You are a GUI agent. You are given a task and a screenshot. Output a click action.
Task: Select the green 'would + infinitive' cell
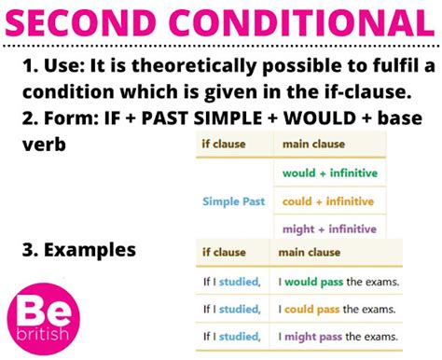tap(327, 173)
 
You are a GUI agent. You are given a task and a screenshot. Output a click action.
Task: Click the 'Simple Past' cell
tap(233, 201)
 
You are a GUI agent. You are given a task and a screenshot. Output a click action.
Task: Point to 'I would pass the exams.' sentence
tap(338, 282)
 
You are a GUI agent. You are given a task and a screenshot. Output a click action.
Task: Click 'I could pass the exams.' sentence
tap(338, 309)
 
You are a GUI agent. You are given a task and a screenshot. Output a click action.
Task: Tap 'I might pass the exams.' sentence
tap(338, 336)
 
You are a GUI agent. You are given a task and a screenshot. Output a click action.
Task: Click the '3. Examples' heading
tap(78, 250)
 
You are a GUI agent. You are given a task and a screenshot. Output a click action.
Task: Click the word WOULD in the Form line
tap(306, 121)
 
